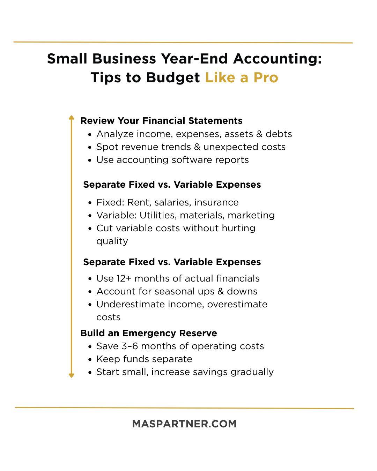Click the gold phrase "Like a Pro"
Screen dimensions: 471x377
click(x=242, y=77)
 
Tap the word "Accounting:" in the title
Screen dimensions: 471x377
click(x=278, y=59)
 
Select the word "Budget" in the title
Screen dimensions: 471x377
click(x=173, y=77)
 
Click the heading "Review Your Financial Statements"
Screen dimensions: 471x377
click(x=161, y=121)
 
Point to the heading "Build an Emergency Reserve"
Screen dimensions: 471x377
click(x=149, y=333)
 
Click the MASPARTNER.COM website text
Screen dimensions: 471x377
click(x=184, y=424)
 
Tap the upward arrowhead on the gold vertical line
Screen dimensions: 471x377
click(x=72, y=118)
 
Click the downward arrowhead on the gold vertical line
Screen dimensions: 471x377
click(x=72, y=375)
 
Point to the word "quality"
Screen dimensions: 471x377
click(x=112, y=241)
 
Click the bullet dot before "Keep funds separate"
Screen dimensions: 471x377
click(x=90, y=359)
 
